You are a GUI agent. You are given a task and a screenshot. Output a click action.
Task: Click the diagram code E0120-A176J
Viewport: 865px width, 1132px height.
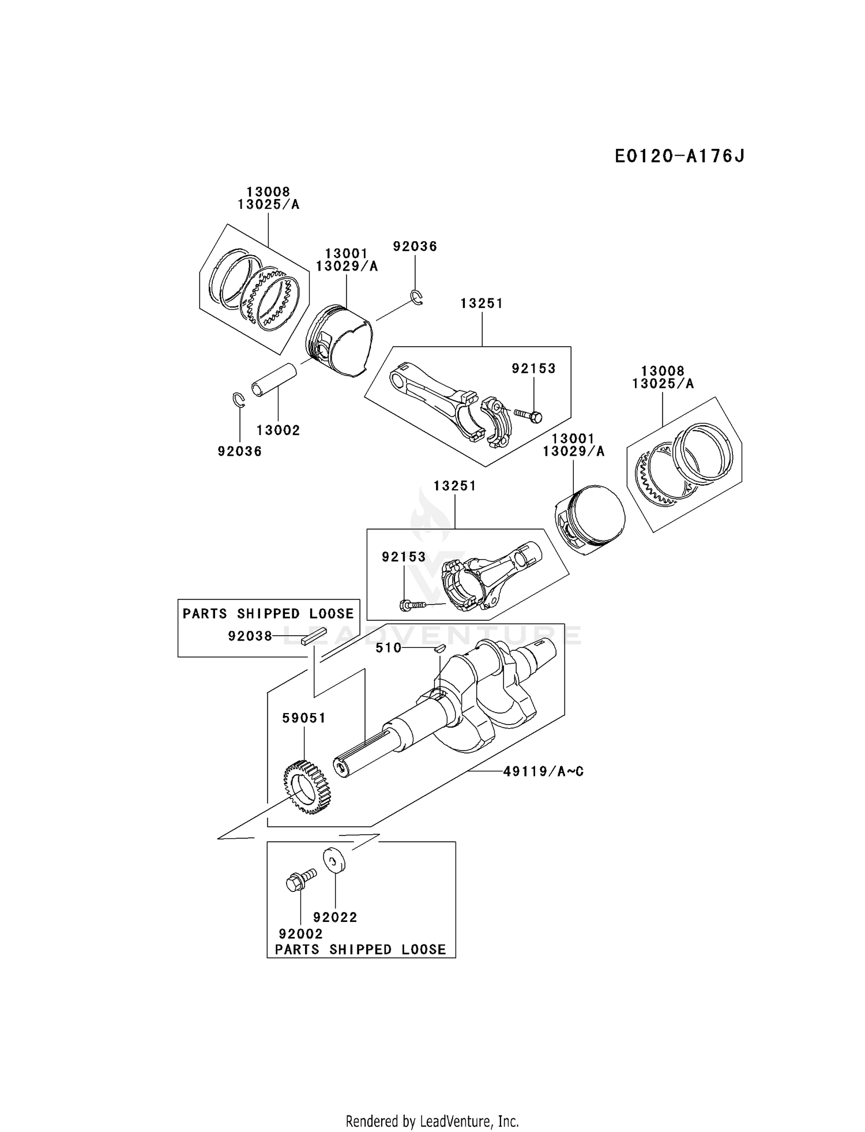[679, 156]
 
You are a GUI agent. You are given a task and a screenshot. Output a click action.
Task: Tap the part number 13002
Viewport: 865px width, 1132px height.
[278, 430]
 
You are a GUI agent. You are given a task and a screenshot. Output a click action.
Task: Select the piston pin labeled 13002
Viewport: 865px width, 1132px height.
[274, 380]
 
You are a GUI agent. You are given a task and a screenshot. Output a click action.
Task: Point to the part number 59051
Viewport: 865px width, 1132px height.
[304, 718]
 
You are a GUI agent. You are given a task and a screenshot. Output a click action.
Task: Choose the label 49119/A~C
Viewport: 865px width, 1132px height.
[543, 771]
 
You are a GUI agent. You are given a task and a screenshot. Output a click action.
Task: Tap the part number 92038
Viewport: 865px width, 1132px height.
[250, 636]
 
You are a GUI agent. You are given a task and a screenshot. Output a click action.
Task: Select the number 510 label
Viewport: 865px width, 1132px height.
[388, 648]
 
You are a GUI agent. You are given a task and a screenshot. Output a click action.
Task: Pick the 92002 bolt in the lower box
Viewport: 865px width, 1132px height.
[301, 880]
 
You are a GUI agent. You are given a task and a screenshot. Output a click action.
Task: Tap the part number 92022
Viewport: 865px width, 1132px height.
[335, 917]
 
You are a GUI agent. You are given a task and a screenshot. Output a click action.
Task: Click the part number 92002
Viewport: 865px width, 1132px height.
[300, 933]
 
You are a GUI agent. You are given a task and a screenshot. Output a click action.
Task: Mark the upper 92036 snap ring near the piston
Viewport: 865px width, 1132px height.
[416, 297]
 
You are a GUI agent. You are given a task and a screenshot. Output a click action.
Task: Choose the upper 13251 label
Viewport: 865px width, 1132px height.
[482, 303]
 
